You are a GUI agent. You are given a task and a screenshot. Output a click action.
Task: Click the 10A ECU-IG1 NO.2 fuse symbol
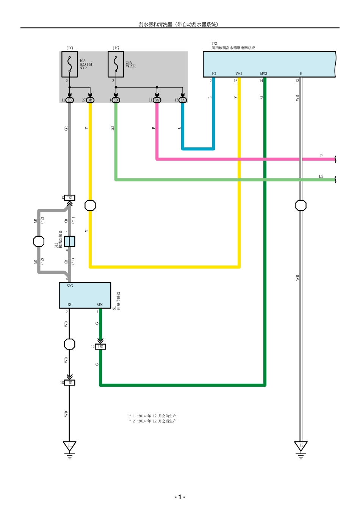70,64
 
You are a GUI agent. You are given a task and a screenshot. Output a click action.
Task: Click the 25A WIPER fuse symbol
116,64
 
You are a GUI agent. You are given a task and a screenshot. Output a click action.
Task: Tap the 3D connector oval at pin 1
116,100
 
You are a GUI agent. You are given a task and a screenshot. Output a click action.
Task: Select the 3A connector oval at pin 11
157,100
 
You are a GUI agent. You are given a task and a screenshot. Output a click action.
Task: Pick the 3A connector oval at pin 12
183,100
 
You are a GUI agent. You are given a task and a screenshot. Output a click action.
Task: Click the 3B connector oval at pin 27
90,100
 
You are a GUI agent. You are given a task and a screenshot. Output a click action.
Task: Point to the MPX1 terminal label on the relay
263,73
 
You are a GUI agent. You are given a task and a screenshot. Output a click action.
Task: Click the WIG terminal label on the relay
238,73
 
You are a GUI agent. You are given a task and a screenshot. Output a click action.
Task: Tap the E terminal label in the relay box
301,73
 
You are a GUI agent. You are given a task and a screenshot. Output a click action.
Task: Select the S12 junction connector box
69,241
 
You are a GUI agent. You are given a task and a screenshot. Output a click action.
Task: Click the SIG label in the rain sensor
70,286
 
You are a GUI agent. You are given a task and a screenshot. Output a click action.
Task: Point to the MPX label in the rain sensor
99,304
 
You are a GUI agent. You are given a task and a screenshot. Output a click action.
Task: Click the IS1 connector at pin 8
70,198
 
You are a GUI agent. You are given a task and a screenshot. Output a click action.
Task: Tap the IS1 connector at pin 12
100,347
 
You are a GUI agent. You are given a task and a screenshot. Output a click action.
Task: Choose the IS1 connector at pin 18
70,383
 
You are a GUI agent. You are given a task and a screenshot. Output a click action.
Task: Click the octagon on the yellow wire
90,205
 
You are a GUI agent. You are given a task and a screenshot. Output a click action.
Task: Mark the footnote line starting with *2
153,421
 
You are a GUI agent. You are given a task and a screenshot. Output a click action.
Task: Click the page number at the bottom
180,497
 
